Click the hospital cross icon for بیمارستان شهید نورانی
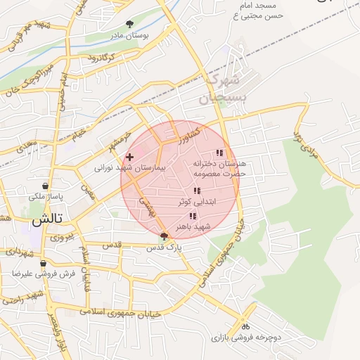pyautogui.click(x=129, y=156)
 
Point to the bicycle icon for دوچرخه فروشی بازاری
pyautogui.click(x=245, y=326)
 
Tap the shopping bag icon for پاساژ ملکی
pyautogui.click(x=46, y=186)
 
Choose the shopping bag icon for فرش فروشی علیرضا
pyautogui.click(x=43, y=263)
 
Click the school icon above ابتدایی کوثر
pyautogui.click(x=196, y=191)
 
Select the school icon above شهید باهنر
pyautogui.click(x=193, y=216)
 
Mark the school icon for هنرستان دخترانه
pyautogui.click(x=219, y=153)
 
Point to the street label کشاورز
pyautogui.click(x=188, y=134)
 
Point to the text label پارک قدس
pyautogui.click(x=169, y=248)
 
